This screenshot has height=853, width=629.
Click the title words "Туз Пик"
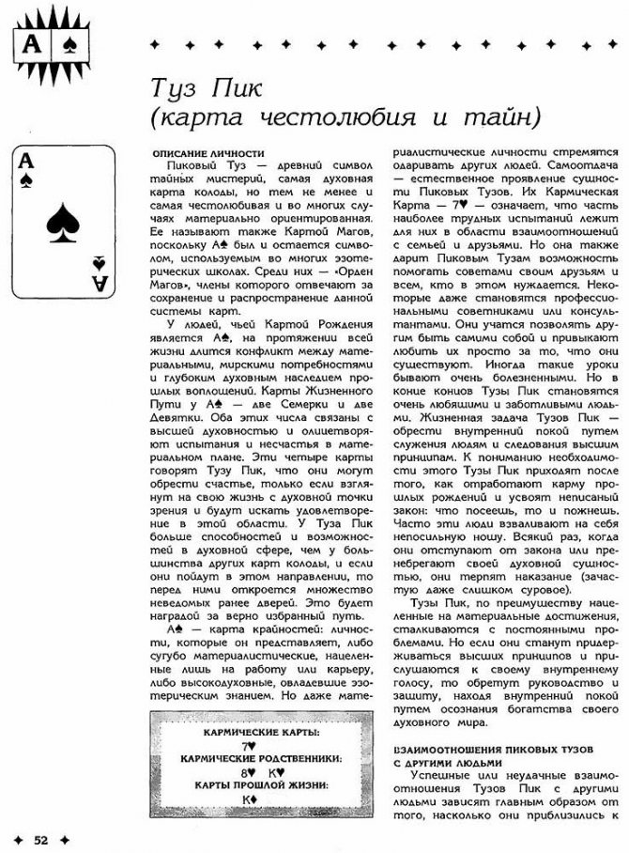coord(209,89)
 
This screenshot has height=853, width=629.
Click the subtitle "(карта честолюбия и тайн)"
coord(347,117)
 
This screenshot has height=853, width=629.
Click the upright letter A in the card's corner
coord(26,163)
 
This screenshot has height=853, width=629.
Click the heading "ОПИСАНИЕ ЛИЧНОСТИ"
coord(207,153)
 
